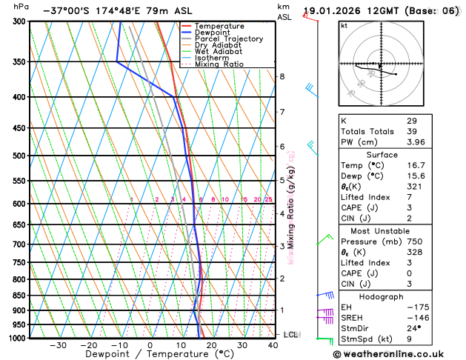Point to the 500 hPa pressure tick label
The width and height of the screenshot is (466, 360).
click(x=21, y=156)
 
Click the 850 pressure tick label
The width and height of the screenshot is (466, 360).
click(x=21, y=296)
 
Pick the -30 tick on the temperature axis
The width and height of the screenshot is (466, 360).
click(x=58, y=345)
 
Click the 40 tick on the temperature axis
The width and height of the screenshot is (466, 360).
click(x=273, y=345)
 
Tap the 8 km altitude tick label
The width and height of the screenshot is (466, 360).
click(x=282, y=77)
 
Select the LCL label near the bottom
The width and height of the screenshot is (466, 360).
click(x=291, y=335)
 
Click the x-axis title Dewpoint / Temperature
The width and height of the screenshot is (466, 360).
click(x=150, y=355)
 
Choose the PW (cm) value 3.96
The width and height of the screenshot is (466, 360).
click(x=415, y=142)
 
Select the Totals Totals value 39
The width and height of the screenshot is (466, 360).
click(x=412, y=131)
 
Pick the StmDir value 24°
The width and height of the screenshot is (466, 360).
click(x=414, y=328)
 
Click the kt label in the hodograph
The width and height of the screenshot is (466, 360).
click(x=344, y=26)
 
